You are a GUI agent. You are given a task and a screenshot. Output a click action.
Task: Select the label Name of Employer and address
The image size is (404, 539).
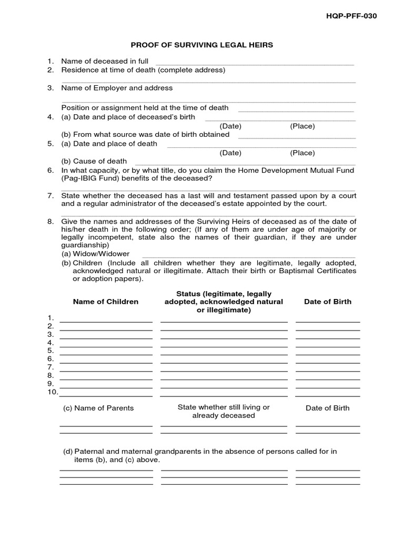(x=117, y=88)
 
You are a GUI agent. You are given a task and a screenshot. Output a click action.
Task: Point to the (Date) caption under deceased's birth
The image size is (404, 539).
(x=230, y=126)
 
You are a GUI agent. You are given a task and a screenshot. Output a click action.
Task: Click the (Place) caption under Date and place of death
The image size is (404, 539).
(x=302, y=153)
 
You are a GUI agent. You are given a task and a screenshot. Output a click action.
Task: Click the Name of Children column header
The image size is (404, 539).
(x=106, y=302)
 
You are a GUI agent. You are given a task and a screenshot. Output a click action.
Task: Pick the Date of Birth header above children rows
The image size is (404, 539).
(x=328, y=302)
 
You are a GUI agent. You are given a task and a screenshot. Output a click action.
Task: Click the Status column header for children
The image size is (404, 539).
(x=224, y=302)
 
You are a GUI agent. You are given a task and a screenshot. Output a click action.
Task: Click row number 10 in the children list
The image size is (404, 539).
(x=53, y=392)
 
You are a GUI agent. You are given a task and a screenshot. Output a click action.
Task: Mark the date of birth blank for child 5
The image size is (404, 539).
(x=328, y=352)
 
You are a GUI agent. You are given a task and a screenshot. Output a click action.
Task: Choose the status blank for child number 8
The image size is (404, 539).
(x=224, y=376)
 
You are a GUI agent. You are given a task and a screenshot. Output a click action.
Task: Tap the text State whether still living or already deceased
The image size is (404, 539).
(x=224, y=411)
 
